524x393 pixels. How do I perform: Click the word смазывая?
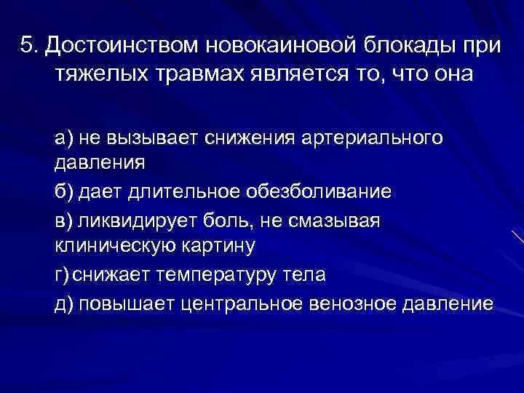[x=340, y=219]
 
